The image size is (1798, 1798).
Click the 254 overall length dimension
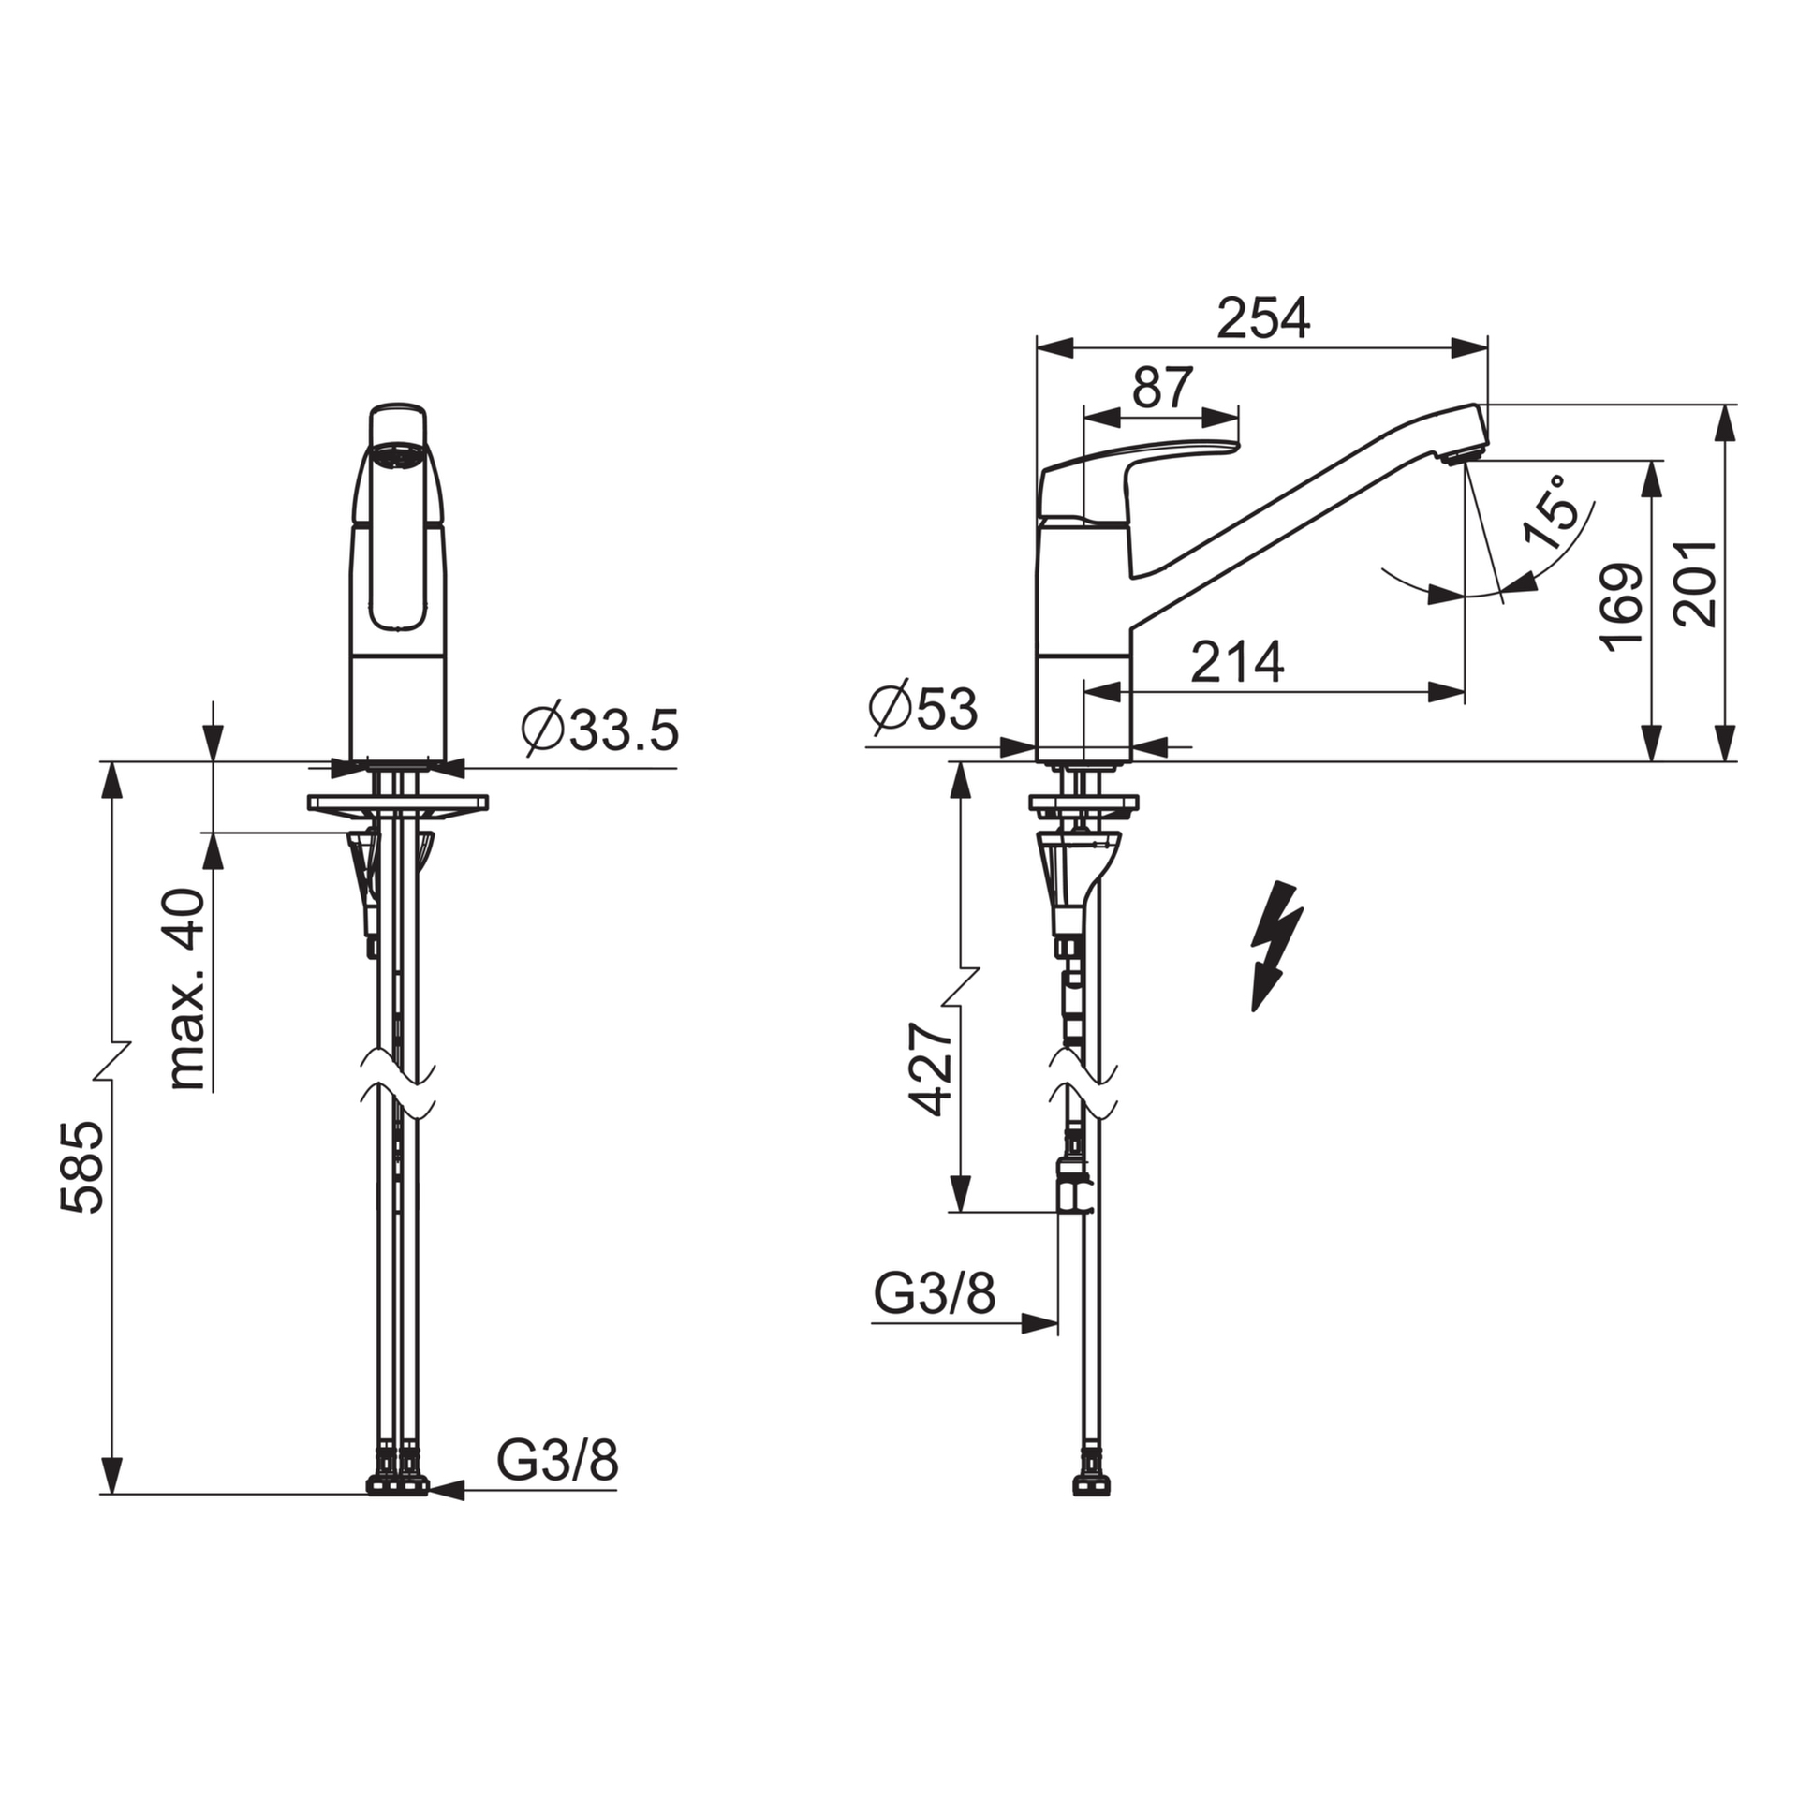(1263, 318)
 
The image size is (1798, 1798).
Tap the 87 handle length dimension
(1163, 387)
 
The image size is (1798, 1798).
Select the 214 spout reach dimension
(1237, 662)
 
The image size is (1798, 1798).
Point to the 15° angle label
(1555, 512)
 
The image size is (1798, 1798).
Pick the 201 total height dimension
(1696, 582)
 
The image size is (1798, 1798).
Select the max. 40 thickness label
(187, 990)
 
